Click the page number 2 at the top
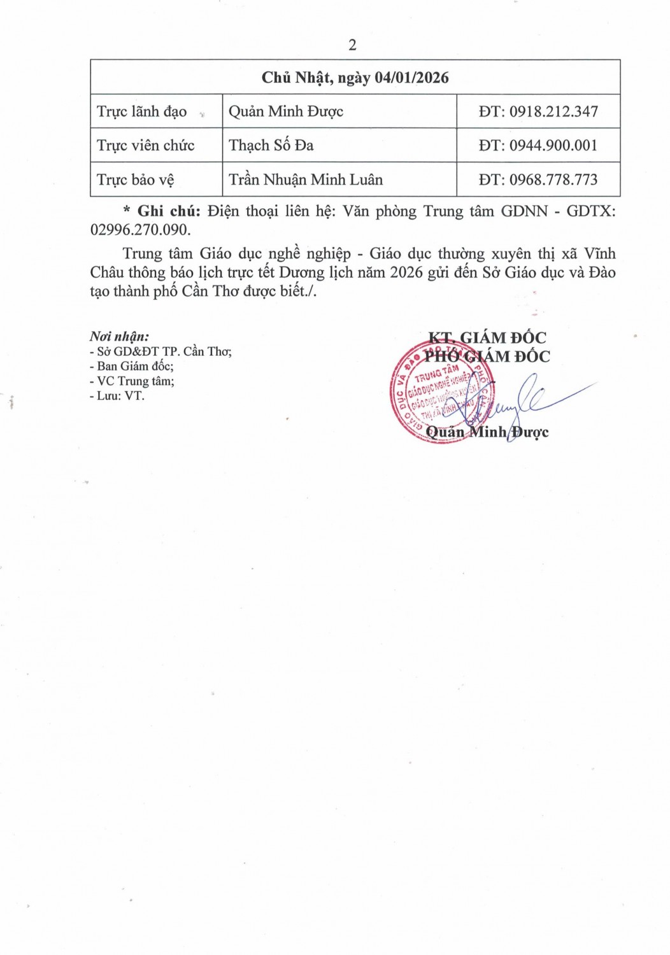(352, 45)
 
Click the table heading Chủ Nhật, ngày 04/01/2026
(355, 78)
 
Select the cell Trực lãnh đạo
(141, 112)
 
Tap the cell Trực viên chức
(145, 146)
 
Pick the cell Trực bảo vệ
(135, 180)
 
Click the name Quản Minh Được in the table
(286, 112)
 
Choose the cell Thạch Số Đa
(271, 146)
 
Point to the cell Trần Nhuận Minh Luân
(306, 180)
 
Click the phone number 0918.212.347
(553, 112)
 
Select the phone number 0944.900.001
(553, 146)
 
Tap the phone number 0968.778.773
(553, 180)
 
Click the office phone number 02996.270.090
(140, 230)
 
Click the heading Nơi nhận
(119, 337)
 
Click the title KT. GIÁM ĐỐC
(487, 338)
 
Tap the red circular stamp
(440, 392)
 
